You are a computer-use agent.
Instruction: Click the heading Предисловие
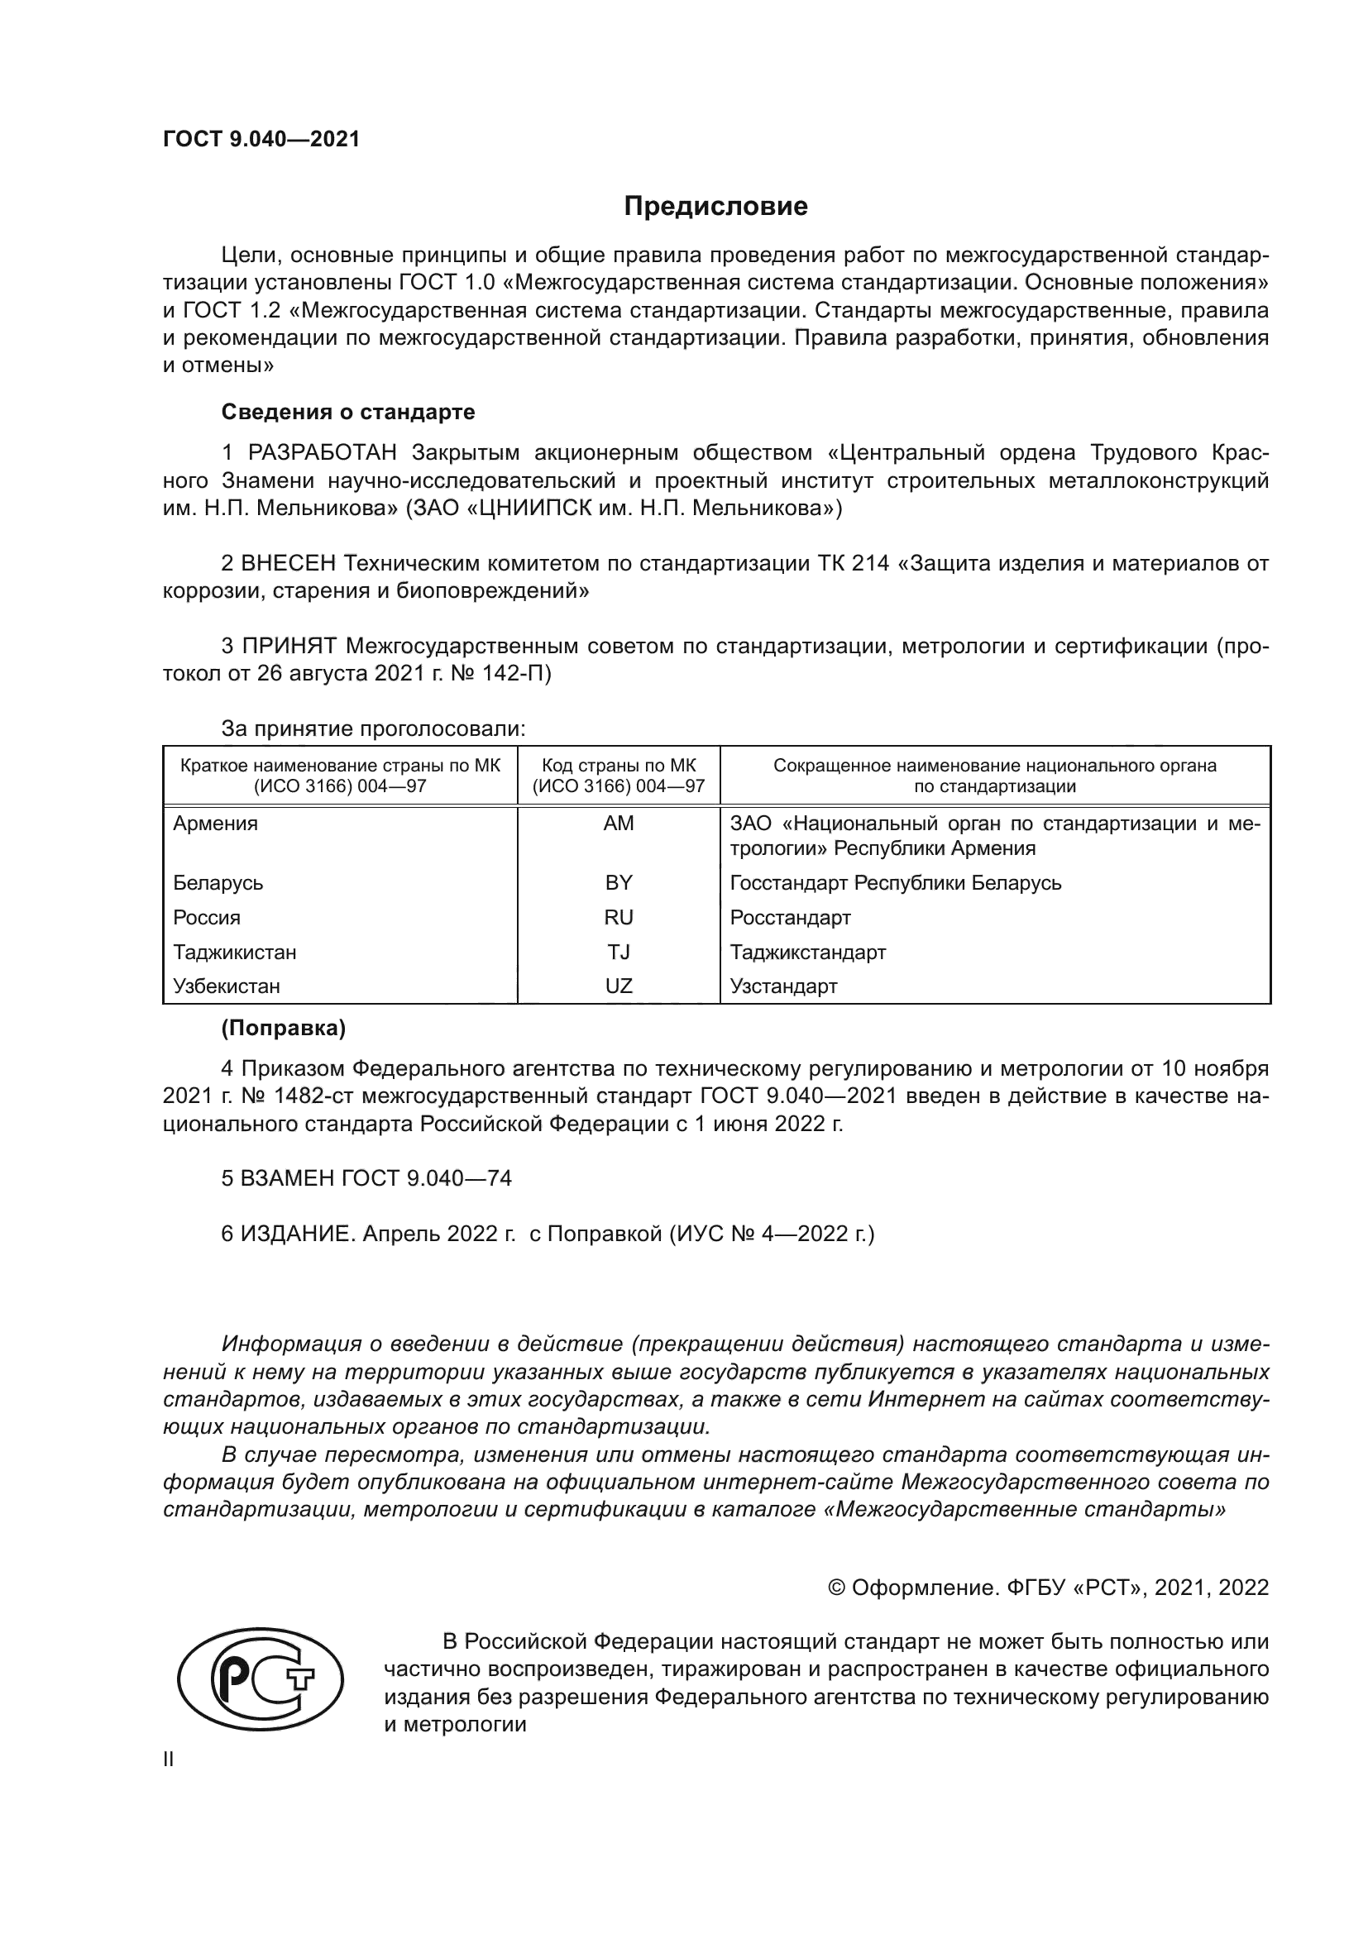pyautogui.click(x=715, y=207)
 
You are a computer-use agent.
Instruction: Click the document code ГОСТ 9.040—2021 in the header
pyautogui.click(x=261, y=139)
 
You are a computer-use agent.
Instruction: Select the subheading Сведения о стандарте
pyautogui.click(x=348, y=412)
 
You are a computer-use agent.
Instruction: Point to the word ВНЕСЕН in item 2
pyautogui.click(x=288, y=563)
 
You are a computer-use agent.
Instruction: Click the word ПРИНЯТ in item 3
pyautogui.click(x=289, y=646)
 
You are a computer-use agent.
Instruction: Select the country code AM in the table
pyautogui.click(x=619, y=824)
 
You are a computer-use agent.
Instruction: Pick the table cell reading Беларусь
pyautogui.click(x=218, y=883)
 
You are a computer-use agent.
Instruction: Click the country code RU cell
pyautogui.click(x=619, y=917)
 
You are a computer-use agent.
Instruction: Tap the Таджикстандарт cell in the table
pyautogui.click(x=808, y=953)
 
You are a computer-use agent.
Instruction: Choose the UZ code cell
pyautogui.click(x=619, y=986)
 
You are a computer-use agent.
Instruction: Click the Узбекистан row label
pyautogui.click(x=227, y=986)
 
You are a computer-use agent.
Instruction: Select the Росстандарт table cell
pyautogui.click(x=790, y=917)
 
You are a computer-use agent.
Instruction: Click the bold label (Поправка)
pyautogui.click(x=283, y=1029)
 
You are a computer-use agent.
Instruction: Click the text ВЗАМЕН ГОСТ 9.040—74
pyautogui.click(x=366, y=1178)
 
